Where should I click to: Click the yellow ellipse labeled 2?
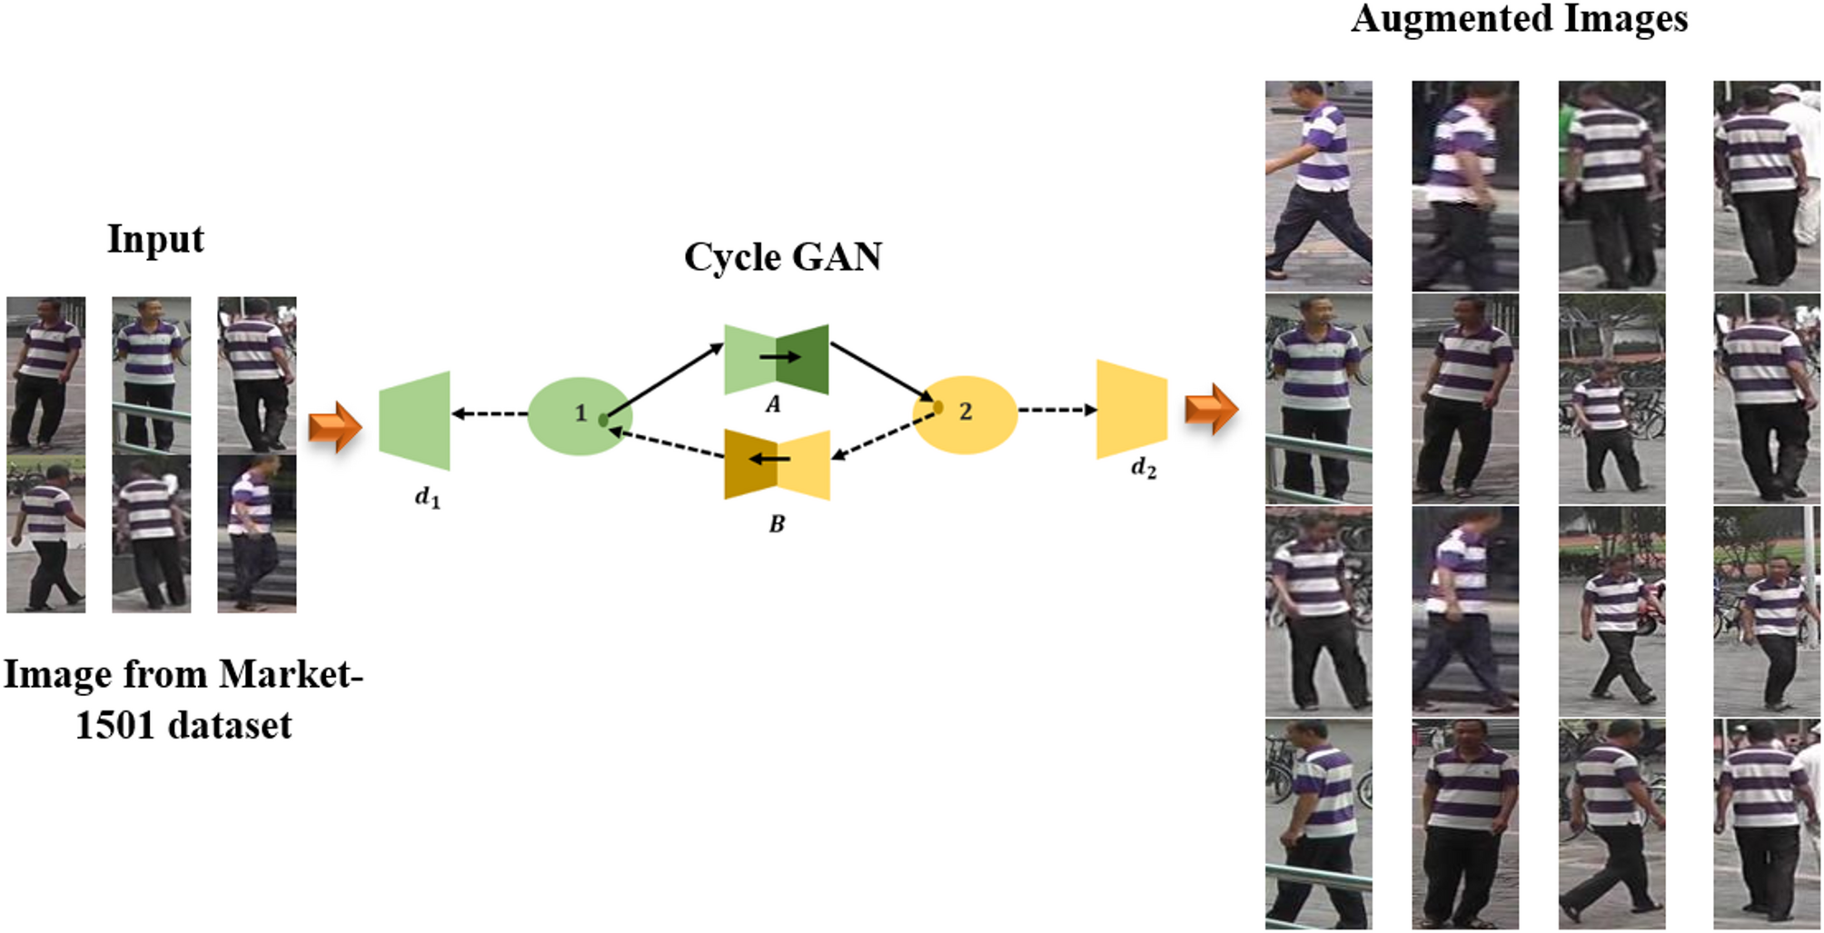[x=965, y=414]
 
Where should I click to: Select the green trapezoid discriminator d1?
[x=415, y=420]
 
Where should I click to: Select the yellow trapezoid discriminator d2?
[x=1131, y=409]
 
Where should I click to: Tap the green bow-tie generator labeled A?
[x=776, y=358]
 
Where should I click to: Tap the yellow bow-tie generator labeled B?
[x=777, y=464]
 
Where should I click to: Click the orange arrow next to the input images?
[x=334, y=426]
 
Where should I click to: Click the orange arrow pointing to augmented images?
[x=1211, y=408]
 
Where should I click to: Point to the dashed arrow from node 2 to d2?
[x=1056, y=410]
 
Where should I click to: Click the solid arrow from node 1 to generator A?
[x=664, y=382]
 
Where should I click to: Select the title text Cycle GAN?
[x=782, y=257]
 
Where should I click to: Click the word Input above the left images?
[x=155, y=239]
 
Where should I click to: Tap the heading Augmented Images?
[x=1518, y=18]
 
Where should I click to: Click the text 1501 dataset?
[x=183, y=726]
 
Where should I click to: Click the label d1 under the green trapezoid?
[x=427, y=497]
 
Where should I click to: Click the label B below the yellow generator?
[x=777, y=524]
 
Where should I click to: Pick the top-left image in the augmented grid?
[x=1318, y=185]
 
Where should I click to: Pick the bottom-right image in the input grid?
[x=256, y=533]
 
